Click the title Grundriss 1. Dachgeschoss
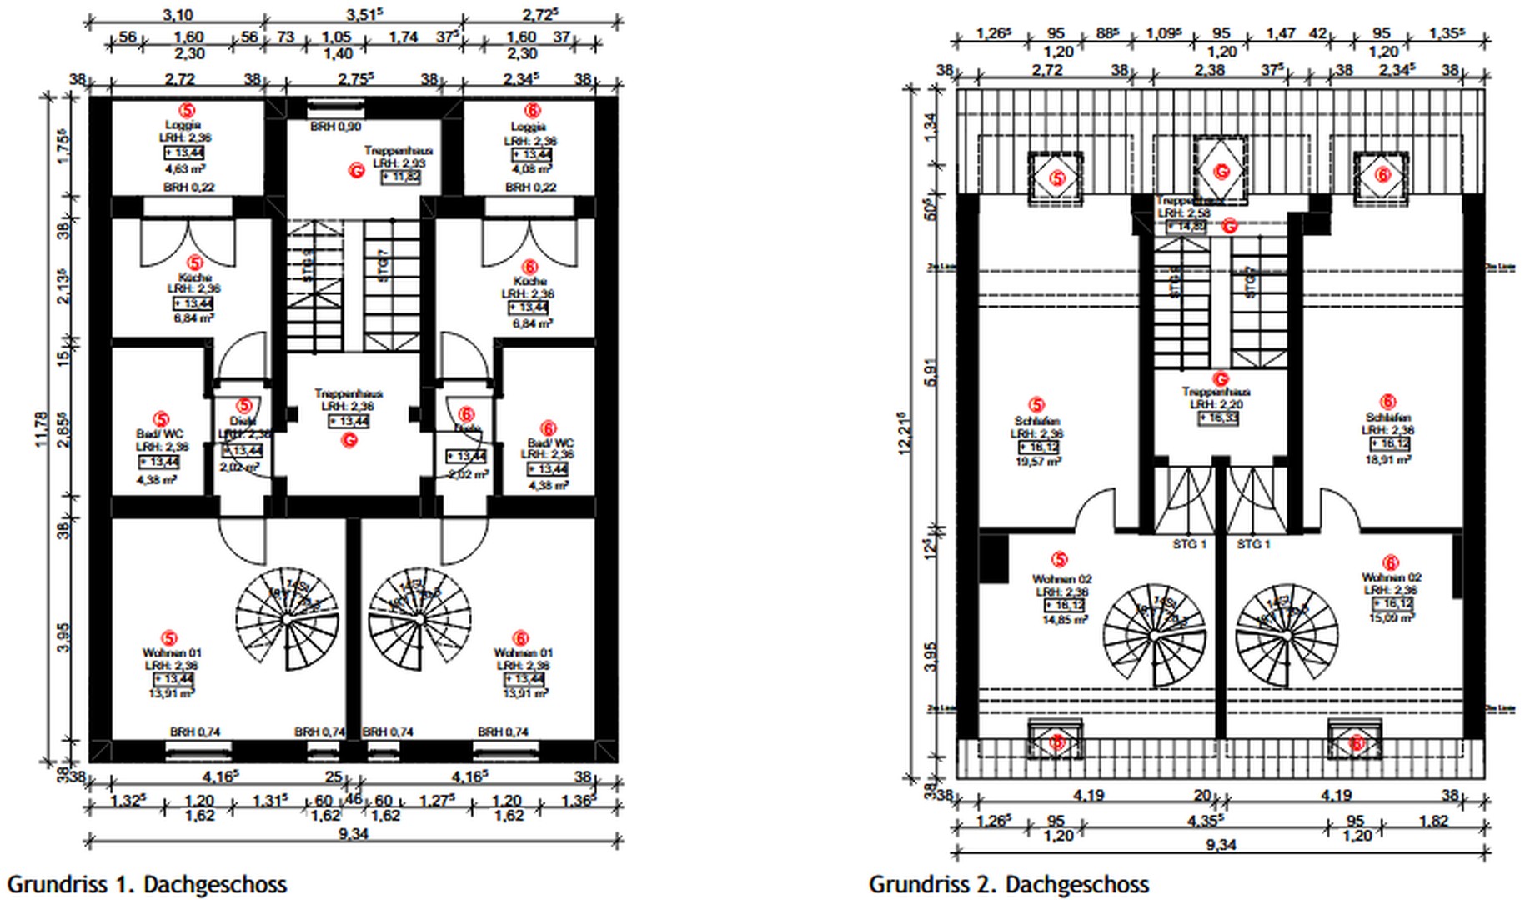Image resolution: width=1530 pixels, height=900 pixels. [147, 884]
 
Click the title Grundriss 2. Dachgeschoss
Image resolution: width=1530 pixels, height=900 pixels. [1009, 884]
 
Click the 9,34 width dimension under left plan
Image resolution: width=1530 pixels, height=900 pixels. [354, 833]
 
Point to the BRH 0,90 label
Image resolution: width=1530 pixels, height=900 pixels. [335, 127]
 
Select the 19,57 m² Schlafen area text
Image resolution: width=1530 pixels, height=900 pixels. [1037, 461]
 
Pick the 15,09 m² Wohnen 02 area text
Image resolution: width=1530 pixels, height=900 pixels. [1391, 617]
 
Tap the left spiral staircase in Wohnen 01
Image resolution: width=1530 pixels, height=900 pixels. [287, 618]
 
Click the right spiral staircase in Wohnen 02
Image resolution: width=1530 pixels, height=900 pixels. [1287, 635]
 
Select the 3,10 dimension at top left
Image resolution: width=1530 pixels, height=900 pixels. [178, 14]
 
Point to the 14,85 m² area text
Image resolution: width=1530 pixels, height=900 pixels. [1064, 620]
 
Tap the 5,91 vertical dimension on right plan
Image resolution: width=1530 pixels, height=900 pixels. [931, 372]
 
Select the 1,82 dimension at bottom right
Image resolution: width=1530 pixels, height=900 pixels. [1432, 821]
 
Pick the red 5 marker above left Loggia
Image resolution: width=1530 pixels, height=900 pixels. [188, 110]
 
